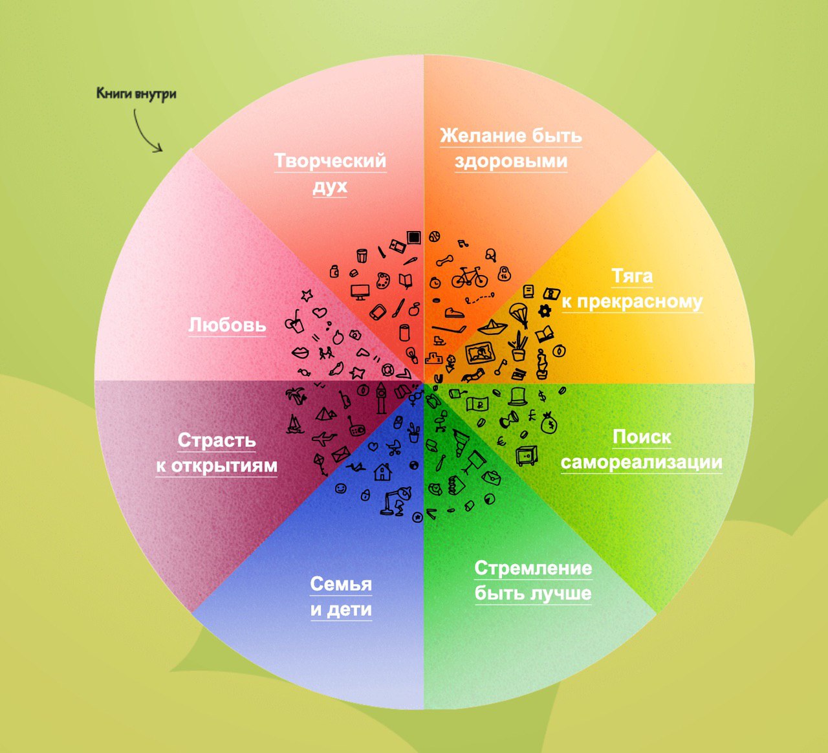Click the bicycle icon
[x=469, y=278]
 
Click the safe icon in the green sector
[x=526, y=455]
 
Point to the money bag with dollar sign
[x=549, y=423]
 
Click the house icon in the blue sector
[x=382, y=471]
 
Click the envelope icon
[x=341, y=452]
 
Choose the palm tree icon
[x=296, y=395]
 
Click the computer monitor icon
[x=361, y=290]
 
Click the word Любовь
[x=227, y=325]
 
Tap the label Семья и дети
[x=341, y=596]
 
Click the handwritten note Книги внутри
[x=136, y=94]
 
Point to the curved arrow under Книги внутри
[x=147, y=133]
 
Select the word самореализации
[x=641, y=463]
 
